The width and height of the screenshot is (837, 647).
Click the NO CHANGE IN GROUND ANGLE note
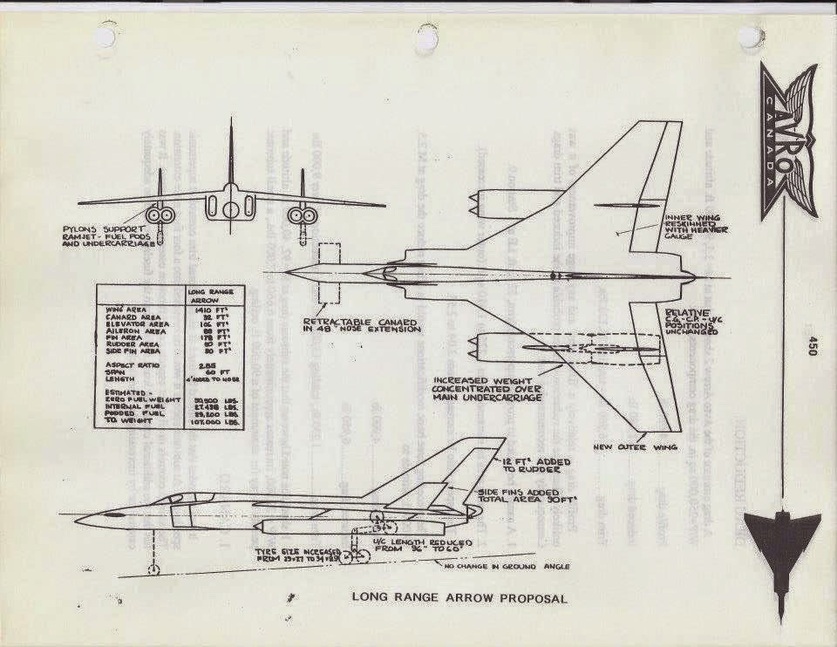click(506, 566)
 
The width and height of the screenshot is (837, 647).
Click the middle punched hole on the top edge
click(427, 36)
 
